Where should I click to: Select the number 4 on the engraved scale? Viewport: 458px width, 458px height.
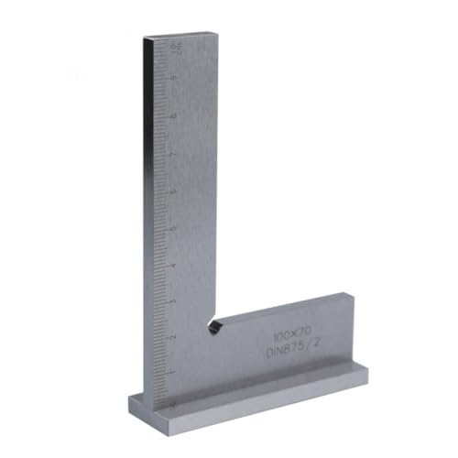click(174, 265)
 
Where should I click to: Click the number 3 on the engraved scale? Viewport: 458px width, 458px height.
click(174, 300)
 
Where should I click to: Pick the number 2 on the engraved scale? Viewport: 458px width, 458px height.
click(174, 336)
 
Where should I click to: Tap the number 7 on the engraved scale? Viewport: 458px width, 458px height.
click(174, 156)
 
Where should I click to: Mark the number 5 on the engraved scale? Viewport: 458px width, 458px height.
click(174, 228)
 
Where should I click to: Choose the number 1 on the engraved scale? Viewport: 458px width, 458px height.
click(174, 371)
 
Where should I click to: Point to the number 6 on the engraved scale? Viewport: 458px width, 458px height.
click(174, 191)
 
